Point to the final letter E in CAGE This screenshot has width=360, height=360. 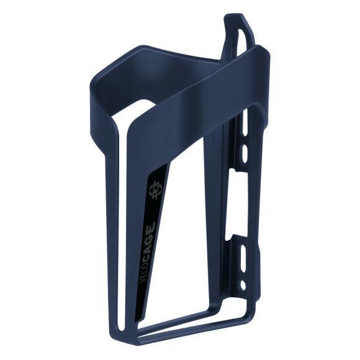coord(152,224)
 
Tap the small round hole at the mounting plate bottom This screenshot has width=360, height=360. coord(243,285)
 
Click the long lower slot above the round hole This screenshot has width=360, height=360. coord(243,258)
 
